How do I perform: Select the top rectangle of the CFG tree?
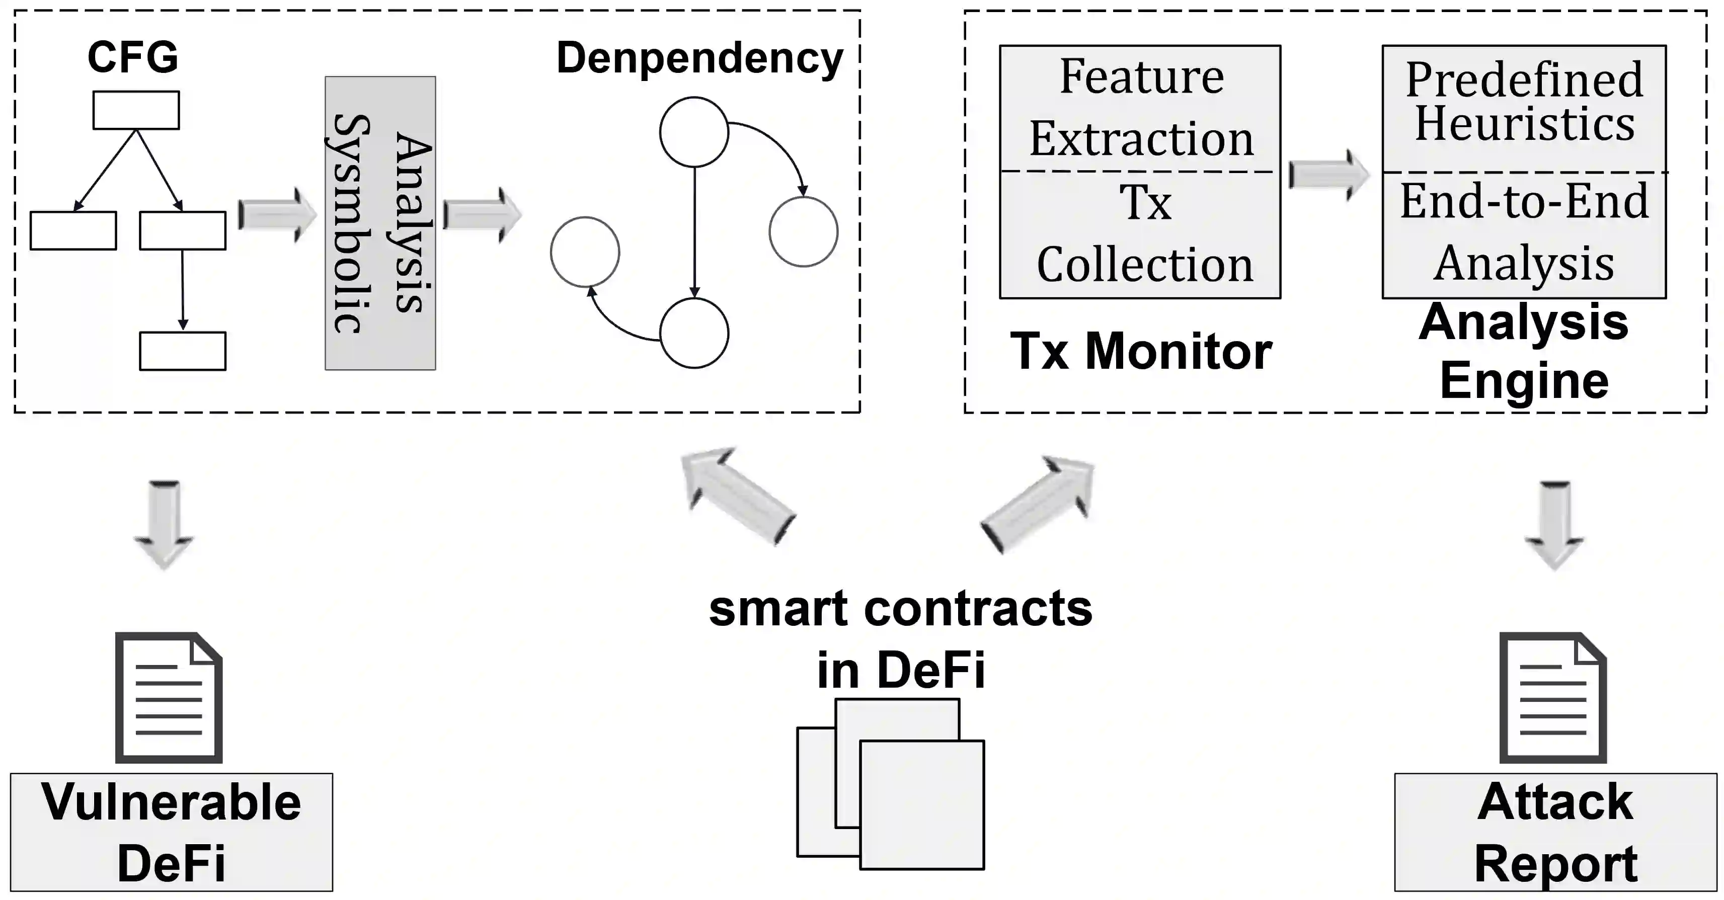pos(136,110)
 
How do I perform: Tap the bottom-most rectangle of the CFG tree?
pos(183,351)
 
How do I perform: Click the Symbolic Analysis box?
pos(380,223)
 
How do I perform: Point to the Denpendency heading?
pos(699,59)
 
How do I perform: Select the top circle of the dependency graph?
pos(694,132)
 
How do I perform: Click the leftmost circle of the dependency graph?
pos(585,252)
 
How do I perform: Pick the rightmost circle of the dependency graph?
pos(803,231)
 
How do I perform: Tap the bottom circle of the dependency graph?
pos(694,333)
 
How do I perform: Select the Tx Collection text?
pos(1144,234)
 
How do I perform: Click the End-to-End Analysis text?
pos(1524,231)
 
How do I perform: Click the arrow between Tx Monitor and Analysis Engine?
pos(1329,175)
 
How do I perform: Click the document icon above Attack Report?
pos(1553,697)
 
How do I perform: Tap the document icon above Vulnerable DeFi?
pos(169,697)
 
